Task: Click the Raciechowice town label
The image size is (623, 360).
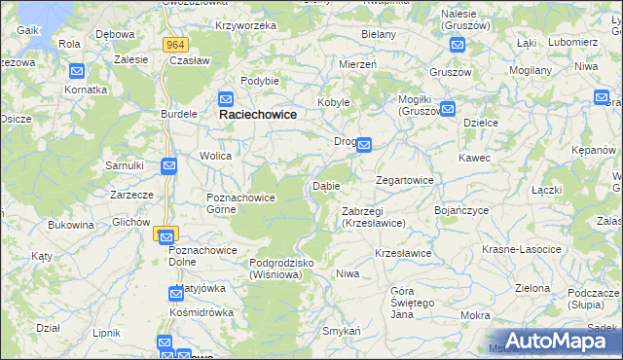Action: click(x=257, y=114)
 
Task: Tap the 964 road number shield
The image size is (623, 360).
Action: click(x=175, y=45)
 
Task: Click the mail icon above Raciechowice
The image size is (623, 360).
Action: click(x=226, y=98)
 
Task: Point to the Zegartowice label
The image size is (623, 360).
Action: click(x=405, y=180)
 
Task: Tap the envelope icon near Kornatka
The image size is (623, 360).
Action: click(x=77, y=71)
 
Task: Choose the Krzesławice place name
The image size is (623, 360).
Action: click(x=403, y=253)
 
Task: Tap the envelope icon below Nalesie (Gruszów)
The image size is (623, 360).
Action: click(x=457, y=44)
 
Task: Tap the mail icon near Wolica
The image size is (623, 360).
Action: click(x=168, y=166)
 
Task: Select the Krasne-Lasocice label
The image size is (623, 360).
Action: click(x=521, y=249)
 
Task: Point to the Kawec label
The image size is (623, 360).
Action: click(x=475, y=157)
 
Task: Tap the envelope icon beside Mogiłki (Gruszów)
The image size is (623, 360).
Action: click(x=447, y=110)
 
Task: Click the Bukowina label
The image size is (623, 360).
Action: click(x=71, y=225)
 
